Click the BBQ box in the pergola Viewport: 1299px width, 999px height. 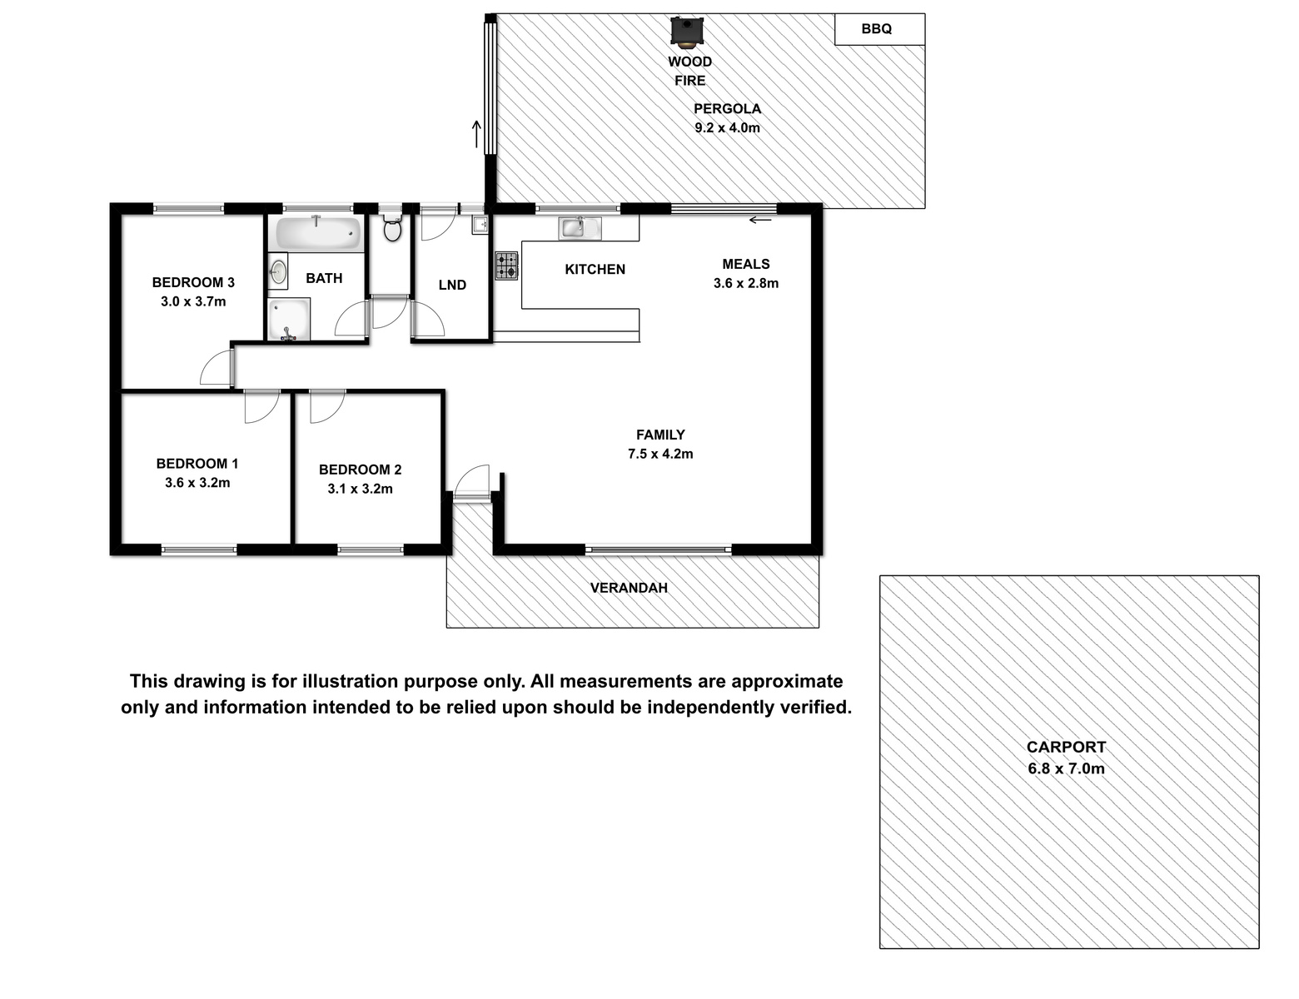(879, 29)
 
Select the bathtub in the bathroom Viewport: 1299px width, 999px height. (319, 233)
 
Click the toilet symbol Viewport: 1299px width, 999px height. (392, 227)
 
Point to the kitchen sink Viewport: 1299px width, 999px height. (580, 227)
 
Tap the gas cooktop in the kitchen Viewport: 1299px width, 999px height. (506, 266)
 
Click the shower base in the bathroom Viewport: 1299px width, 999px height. (289, 319)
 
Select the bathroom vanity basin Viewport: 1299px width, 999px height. (277, 271)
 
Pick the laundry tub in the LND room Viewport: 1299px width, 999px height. (480, 225)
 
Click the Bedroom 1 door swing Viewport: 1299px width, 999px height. (261, 406)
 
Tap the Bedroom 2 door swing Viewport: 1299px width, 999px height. (327, 406)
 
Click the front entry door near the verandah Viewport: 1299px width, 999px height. (472, 481)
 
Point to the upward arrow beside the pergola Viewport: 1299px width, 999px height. (476, 134)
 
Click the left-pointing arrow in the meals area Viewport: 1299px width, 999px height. (760, 220)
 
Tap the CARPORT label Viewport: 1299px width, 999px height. (1066, 747)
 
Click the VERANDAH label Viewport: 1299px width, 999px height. (629, 588)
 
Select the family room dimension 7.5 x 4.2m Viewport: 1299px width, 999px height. (660, 454)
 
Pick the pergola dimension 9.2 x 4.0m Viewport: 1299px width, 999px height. (727, 128)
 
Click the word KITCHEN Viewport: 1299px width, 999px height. (595, 270)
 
